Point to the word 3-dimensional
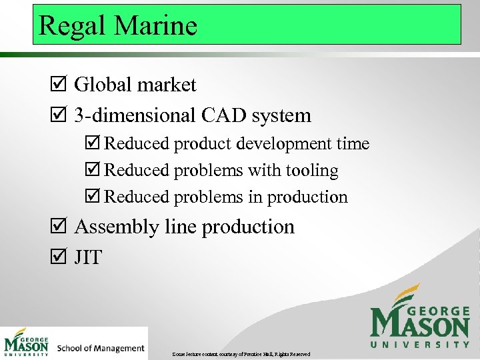(x=134, y=115)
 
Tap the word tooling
(x=313, y=171)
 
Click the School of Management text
(x=101, y=348)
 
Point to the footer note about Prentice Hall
(x=241, y=353)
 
